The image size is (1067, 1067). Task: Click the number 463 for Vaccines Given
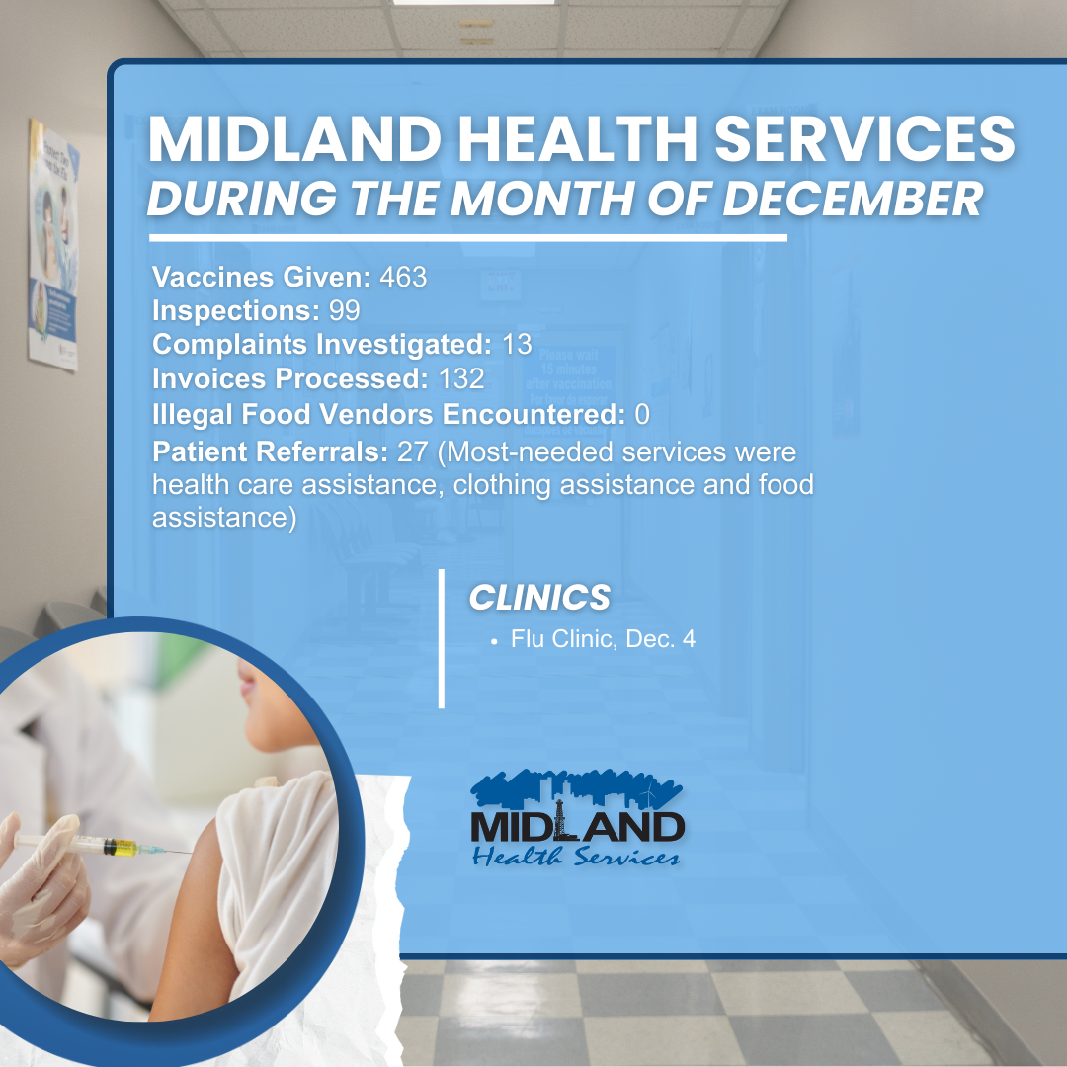coord(403,278)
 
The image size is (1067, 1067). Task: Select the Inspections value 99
coord(343,311)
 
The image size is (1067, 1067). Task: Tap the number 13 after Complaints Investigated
coord(516,345)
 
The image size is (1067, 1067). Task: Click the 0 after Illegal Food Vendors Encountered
coord(642,414)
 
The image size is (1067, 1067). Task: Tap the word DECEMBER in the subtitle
coord(853,198)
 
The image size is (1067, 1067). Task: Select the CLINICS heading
coord(538,597)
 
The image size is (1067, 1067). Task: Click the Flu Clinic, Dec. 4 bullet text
coord(603,639)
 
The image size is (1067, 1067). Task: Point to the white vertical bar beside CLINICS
coord(442,638)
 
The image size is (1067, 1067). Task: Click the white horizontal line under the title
coord(467,238)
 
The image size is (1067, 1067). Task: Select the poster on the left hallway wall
coord(53,245)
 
